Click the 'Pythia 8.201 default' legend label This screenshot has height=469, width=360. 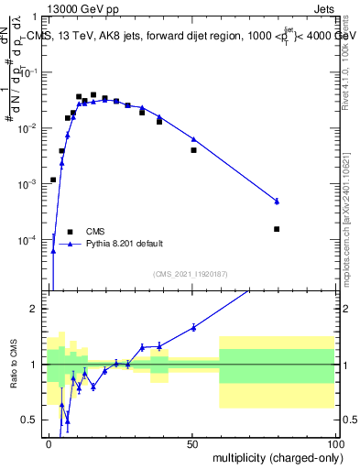click(x=125, y=244)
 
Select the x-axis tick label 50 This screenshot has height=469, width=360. click(x=191, y=443)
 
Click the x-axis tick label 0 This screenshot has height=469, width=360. click(x=49, y=443)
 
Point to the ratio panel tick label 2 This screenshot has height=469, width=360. click(x=36, y=309)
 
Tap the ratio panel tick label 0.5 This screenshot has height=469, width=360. click(x=31, y=420)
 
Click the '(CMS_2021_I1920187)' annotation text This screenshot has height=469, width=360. click(x=191, y=274)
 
